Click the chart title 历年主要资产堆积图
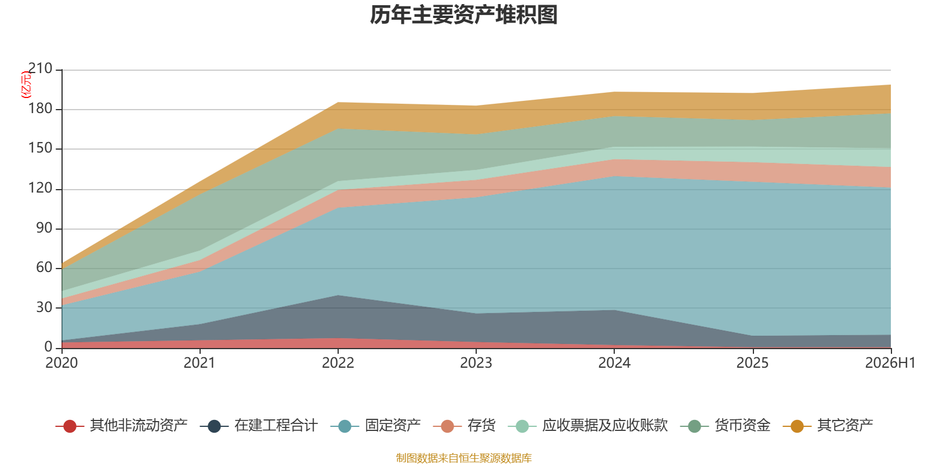coord(463,15)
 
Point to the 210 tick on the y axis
coord(40,68)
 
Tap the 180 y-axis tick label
coord(40,108)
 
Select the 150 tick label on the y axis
coord(40,148)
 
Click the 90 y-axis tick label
coord(44,228)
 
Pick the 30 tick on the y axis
coord(44,307)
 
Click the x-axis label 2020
coord(61,363)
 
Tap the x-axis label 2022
coord(338,363)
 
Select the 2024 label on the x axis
coord(614,363)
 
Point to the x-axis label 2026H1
coord(890,363)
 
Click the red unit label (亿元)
coord(26,85)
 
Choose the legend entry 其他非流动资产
coord(121,426)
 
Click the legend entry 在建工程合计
coord(259,426)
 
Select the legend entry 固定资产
coord(376,426)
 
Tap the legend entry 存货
coord(465,426)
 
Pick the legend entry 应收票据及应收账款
coord(588,426)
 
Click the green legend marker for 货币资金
coord(694,426)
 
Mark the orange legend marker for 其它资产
coord(797,426)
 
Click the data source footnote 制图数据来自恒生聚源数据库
coord(463,458)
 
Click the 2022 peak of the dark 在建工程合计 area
coord(338,295)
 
